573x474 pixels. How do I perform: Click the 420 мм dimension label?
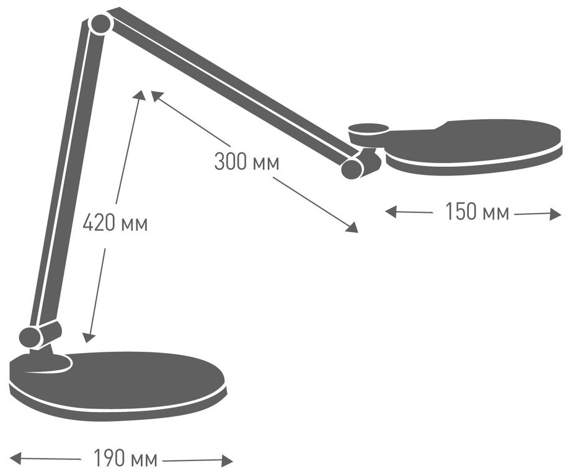pyautogui.click(x=115, y=223)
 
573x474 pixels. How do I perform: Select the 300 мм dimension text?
pyautogui.click(x=247, y=163)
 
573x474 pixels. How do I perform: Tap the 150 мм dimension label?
pyautogui.click(x=476, y=212)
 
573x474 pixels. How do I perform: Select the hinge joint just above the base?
pyautogui.click(x=31, y=336)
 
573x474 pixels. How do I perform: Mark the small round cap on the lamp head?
pyautogui.click(x=368, y=130)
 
